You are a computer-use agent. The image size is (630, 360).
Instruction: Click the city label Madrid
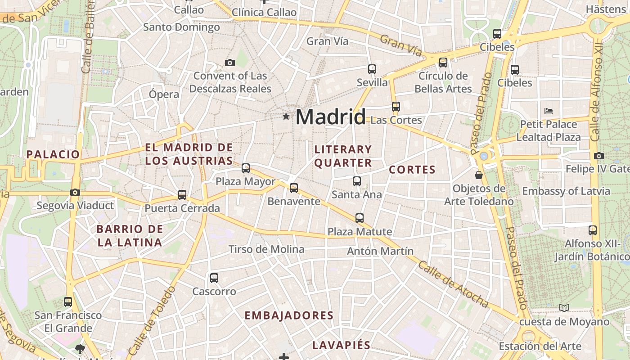click(330, 117)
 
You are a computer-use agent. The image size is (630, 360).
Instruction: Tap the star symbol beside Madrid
click(286, 117)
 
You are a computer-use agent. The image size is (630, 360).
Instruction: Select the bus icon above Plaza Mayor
click(246, 168)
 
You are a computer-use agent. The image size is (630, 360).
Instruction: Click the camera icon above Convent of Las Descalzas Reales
click(230, 63)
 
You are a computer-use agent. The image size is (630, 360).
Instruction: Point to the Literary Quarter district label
click(343, 156)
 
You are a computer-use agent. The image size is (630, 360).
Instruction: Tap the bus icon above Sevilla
click(372, 69)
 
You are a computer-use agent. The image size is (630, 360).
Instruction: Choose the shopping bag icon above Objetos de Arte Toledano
click(479, 175)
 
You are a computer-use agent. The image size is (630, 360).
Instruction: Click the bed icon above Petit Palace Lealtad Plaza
click(548, 111)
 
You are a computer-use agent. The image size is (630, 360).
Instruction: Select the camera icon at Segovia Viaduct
click(75, 193)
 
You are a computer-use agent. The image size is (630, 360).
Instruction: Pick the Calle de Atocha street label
click(453, 284)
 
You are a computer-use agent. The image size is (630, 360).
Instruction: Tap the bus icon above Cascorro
click(214, 278)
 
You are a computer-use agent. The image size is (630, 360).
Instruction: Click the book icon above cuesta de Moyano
click(564, 308)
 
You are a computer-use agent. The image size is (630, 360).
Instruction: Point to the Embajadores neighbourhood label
click(289, 315)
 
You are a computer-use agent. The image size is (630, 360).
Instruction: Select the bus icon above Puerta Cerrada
click(182, 195)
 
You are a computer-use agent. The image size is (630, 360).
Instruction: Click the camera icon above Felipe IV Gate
click(599, 156)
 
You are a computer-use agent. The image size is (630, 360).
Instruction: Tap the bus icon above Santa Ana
click(357, 181)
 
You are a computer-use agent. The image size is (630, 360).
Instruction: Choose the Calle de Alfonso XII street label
click(598, 93)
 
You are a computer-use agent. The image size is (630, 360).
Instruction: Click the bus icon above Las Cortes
click(396, 107)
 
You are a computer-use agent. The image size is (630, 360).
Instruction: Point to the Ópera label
click(164, 94)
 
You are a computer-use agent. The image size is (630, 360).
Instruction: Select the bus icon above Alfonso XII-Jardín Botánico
click(593, 230)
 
